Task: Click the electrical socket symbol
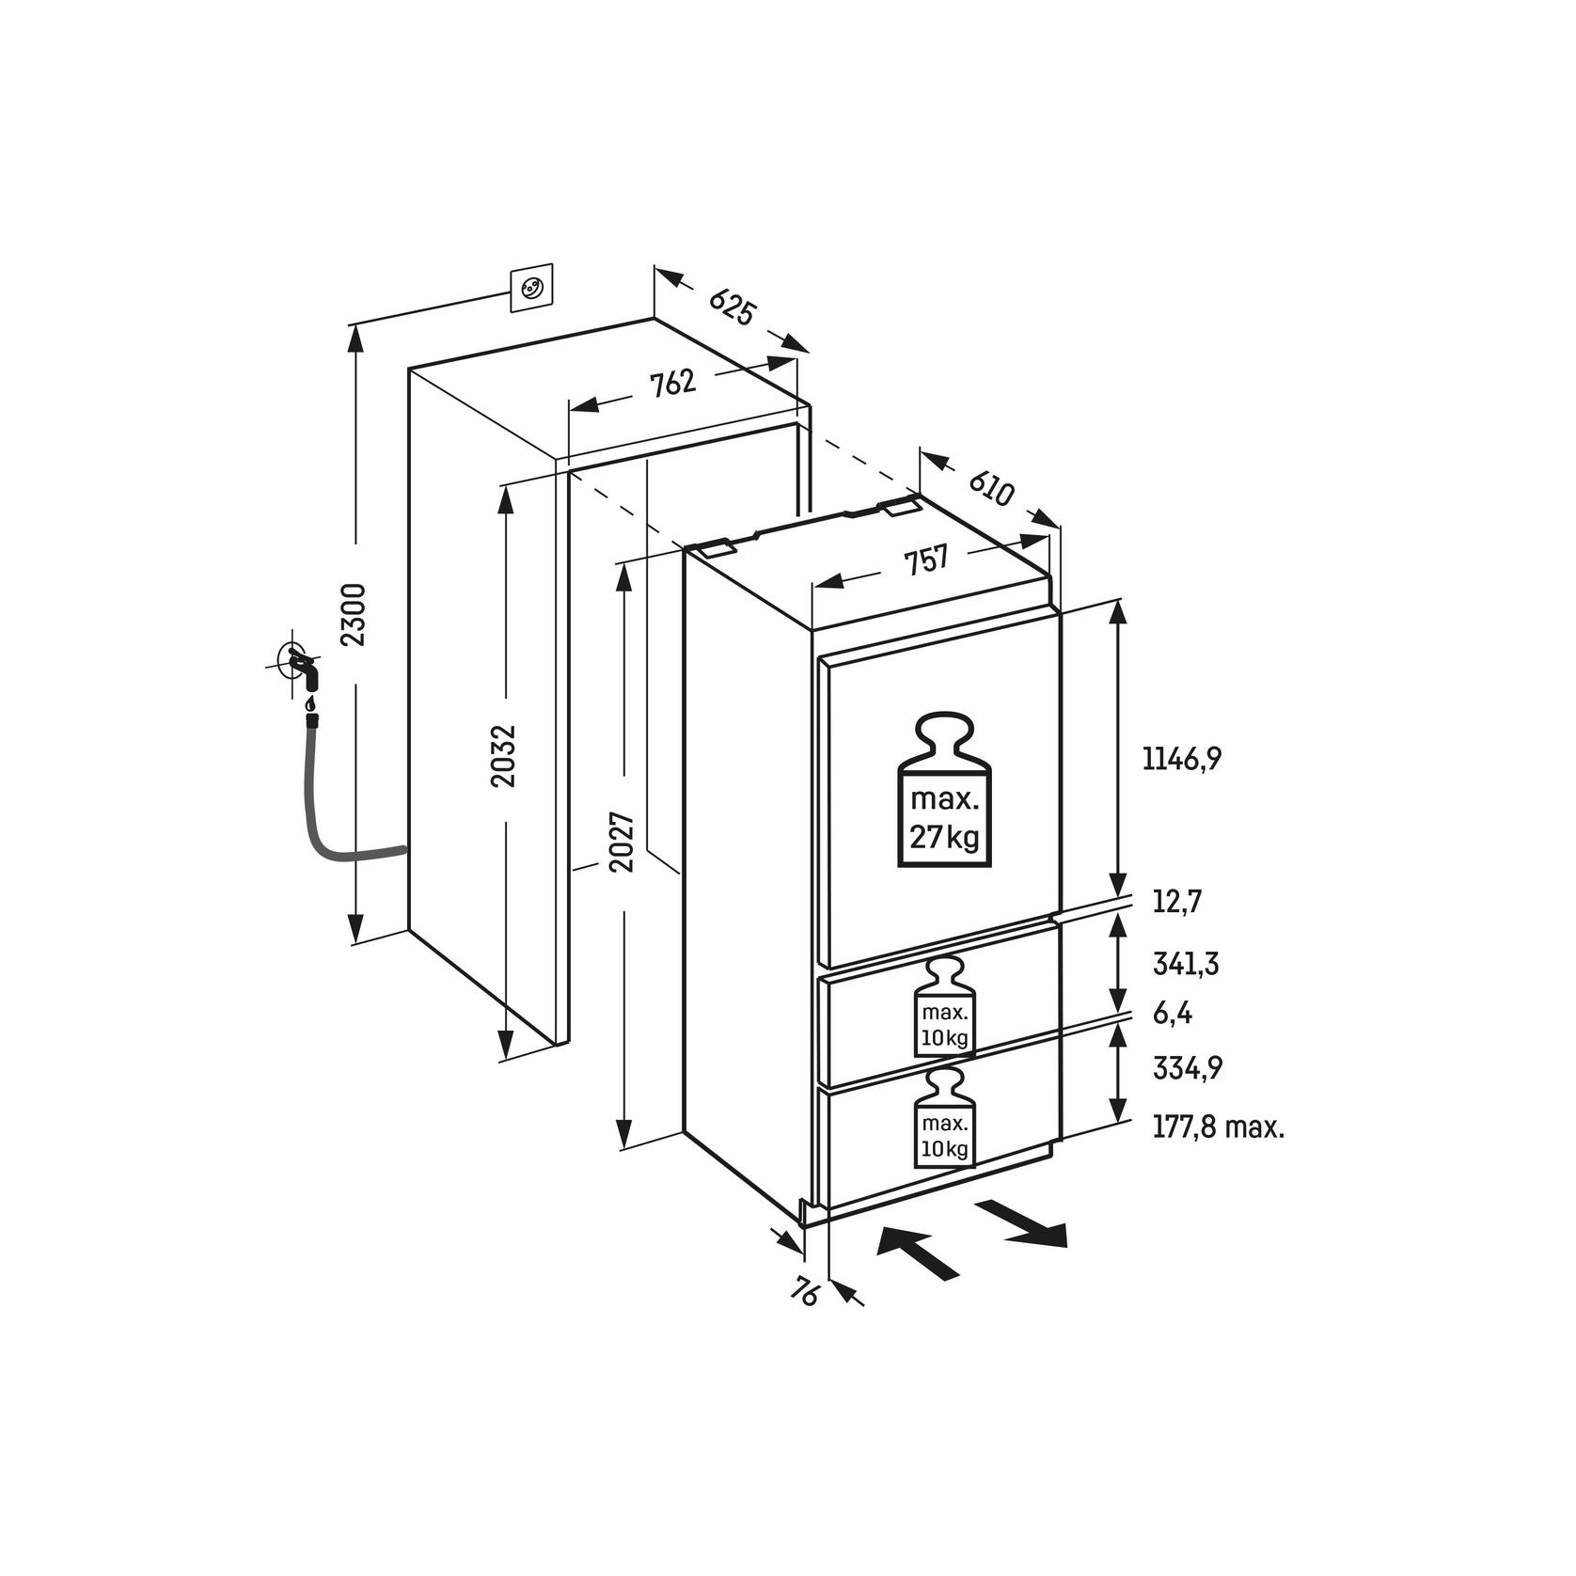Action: click(x=530, y=289)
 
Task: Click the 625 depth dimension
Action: click(x=732, y=307)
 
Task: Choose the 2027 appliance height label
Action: click(x=622, y=842)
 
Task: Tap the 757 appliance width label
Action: click(x=925, y=561)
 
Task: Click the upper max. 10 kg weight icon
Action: click(x=945, y=1008)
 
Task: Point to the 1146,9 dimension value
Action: click(x=1181, y=759)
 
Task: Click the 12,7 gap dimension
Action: click(x=1177, y=903)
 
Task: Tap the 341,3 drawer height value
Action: click(x=1185, y=964)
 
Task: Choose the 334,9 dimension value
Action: click(x=1187, y=1069)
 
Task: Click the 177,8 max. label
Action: click(x=1218, y=1127)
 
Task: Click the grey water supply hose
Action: click(x=324, y=827)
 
